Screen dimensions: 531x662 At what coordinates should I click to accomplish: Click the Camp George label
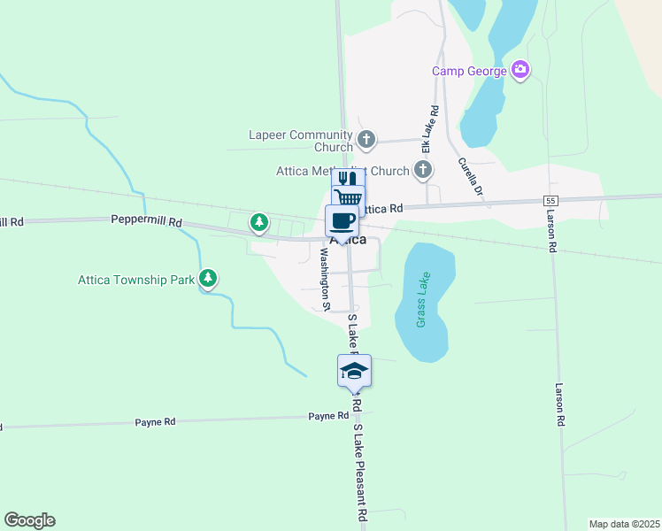pos(469,71)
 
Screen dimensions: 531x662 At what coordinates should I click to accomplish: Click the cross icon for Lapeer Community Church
pos(366,140)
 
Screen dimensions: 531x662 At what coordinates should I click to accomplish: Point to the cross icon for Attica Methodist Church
pos(423,169)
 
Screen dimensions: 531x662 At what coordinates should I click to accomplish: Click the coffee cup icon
pos(342,219)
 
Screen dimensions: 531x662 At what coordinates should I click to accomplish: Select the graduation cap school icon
pos(354,370)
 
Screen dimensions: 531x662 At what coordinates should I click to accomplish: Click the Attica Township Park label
pos(136,280)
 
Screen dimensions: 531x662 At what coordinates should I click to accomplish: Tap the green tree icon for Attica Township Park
pos(208,280)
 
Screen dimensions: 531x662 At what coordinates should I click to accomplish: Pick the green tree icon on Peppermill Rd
pos(258,222)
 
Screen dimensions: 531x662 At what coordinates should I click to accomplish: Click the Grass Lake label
pos(423,300)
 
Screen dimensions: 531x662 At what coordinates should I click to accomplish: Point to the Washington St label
pos(324,279)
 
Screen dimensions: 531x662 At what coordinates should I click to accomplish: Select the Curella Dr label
pos(471,176)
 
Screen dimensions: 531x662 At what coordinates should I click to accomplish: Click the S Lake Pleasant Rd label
pos(360,473)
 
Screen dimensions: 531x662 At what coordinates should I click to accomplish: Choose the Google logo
pos(29,520)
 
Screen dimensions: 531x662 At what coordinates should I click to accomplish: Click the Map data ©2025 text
pos(625,524)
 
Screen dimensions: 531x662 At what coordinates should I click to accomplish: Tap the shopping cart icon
pos(348,197)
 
